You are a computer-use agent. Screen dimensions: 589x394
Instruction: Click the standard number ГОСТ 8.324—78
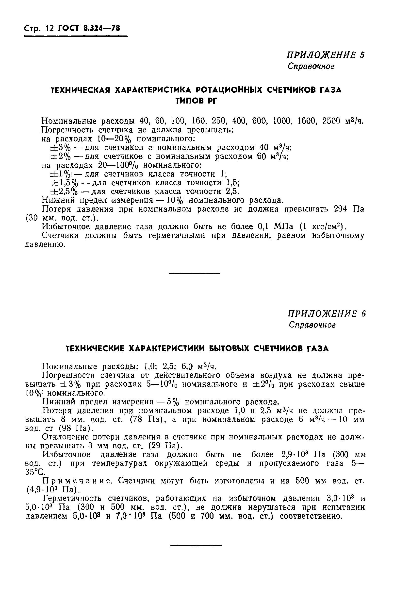tap(89, 28)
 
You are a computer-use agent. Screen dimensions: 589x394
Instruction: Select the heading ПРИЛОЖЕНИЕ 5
tap(326, 55)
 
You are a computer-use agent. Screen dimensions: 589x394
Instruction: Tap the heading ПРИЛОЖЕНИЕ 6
tap(327, 314)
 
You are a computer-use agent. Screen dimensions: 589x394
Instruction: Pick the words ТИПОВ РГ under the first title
tap(196, 101)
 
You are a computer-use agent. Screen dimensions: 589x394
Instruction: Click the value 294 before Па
tap(343, 209)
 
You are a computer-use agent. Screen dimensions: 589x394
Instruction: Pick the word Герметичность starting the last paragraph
tap(73, 499)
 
